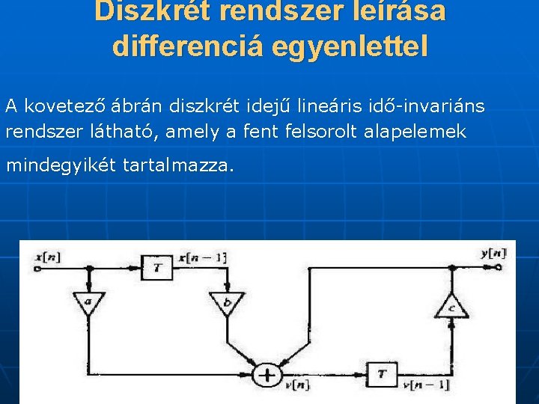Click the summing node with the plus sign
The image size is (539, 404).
click(267, 374)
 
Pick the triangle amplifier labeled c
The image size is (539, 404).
click(452, 306)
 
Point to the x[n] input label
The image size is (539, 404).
click(49, 257)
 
